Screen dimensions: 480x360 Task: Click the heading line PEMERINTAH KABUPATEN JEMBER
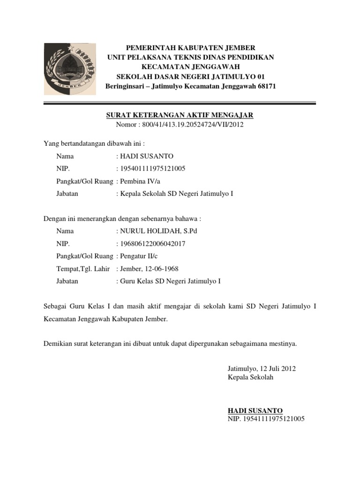(191, 48)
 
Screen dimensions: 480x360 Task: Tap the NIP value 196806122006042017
(150, 244)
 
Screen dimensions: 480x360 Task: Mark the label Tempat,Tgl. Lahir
(83, 269)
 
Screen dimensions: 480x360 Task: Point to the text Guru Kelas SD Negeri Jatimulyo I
(171, 281)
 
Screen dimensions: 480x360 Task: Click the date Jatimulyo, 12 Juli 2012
(262, 368)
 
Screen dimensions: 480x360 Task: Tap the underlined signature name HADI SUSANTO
(255, 410)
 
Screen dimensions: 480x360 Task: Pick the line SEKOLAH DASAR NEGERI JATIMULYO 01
(191, 76)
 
